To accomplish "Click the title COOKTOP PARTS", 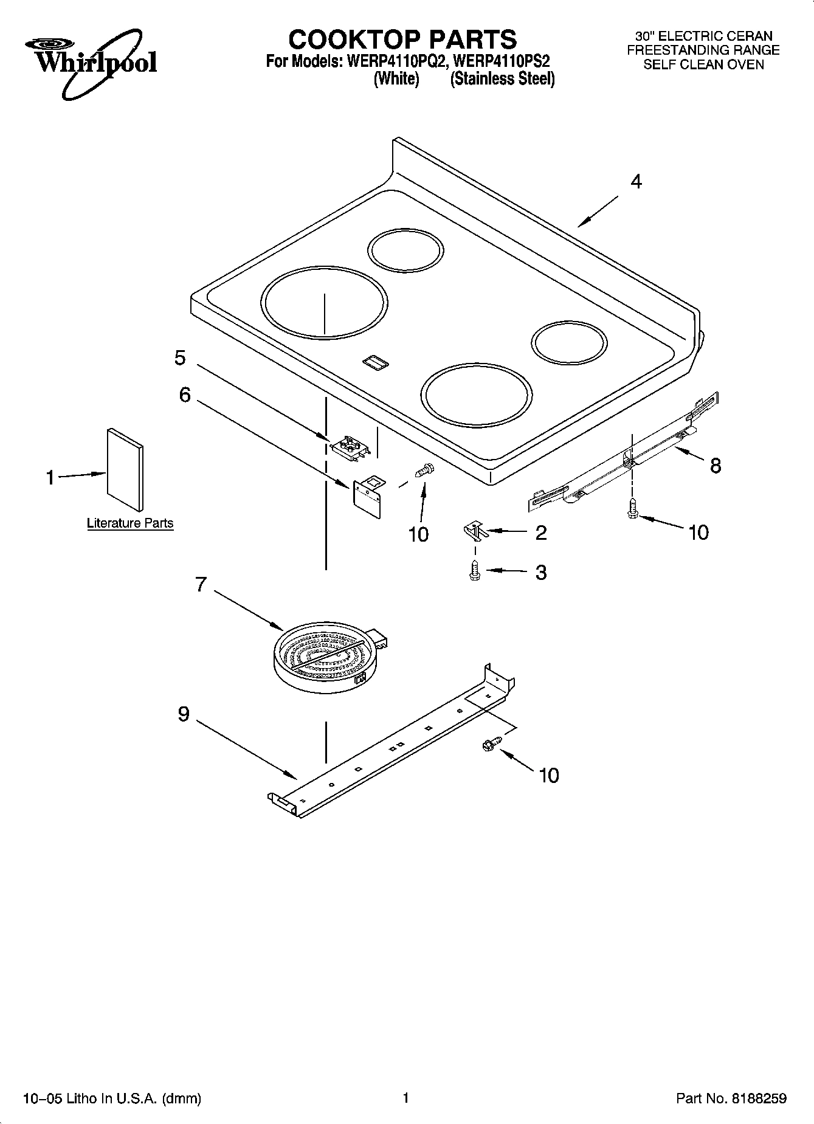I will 402,40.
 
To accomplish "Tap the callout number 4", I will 636,181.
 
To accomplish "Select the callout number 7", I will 201,585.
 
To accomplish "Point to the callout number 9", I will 184,714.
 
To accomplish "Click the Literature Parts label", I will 130,523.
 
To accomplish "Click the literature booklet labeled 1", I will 126,469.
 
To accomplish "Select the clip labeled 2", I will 475,531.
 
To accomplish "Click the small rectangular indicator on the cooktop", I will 375,362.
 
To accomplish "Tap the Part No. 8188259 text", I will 731,1098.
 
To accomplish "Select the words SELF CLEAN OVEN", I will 703,64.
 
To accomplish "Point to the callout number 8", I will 716,466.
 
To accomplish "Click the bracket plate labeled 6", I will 369,495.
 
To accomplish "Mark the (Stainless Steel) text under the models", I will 502,79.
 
